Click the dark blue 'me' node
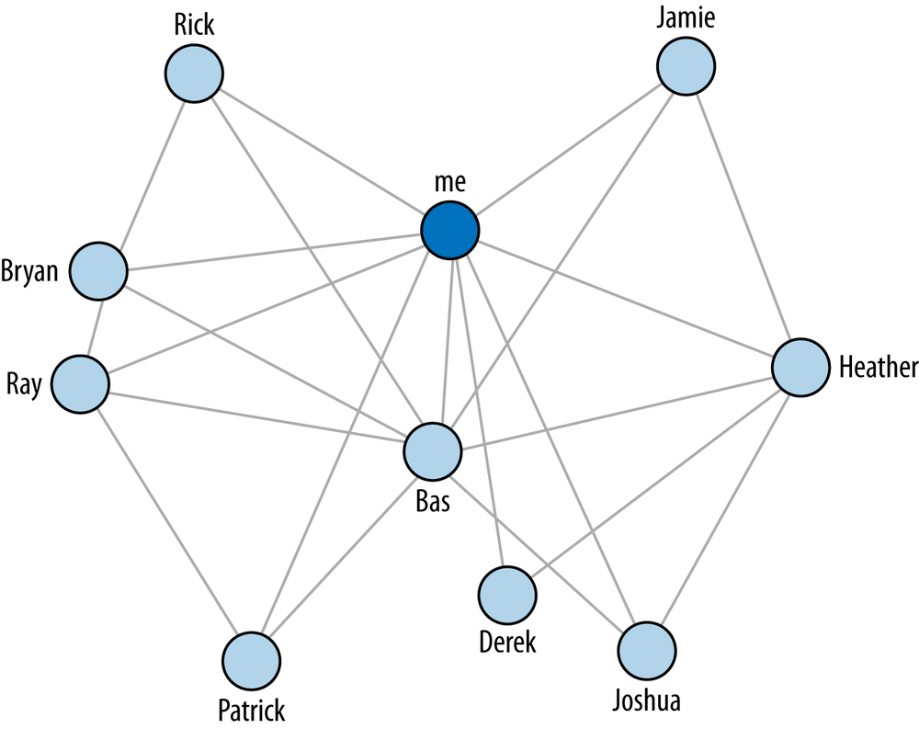450,230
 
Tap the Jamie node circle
686,65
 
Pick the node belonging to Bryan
98,271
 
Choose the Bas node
433,451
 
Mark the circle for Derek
506,594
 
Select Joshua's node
646,651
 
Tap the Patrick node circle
251,662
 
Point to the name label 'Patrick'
251,711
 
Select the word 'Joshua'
646,701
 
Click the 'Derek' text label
507,643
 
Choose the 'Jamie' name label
686,17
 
